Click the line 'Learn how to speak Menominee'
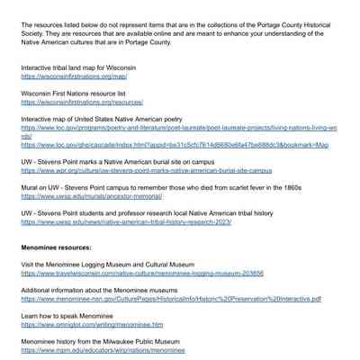pos(67,316)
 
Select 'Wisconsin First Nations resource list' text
pos(73,94)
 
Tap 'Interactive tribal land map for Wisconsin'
pos(78,67)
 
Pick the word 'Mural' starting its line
pos(30,187)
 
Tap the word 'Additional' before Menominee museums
pos(37,291)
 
